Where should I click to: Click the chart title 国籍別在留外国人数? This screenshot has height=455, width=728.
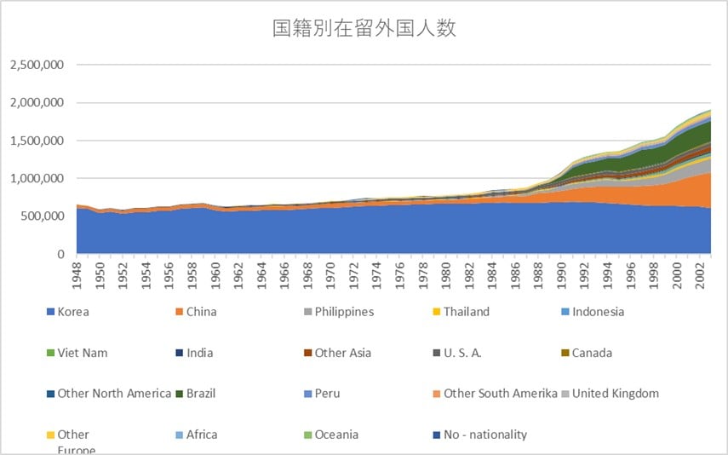click(x=364, y=28)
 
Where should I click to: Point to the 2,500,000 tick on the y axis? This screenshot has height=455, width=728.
click(x=37, y=65)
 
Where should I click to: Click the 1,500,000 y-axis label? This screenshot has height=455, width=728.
click(x=37, y=141)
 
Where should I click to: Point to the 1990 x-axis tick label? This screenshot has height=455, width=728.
click(x=561, y=275)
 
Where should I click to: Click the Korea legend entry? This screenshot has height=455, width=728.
click(x=72, y=312)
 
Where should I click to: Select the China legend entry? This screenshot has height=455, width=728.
click(x=201, y=312)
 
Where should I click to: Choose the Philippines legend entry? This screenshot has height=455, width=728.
click(x=344, y=312)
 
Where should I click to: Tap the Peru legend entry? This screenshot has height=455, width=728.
click(x=327, y=394)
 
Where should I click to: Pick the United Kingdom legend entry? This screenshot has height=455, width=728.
click(x=615, y=394)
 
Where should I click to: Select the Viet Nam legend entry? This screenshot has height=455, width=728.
click(x=82, y=353)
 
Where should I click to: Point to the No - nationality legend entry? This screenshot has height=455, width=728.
click(x=485, y=435)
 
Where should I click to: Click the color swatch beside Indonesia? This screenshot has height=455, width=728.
click(x=562, y=312)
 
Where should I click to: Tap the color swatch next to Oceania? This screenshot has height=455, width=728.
click(x=305, y=435)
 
